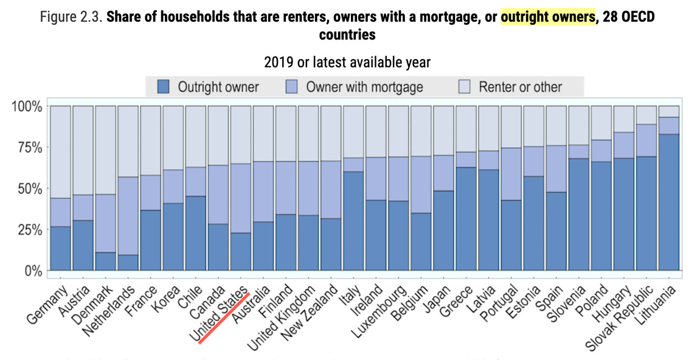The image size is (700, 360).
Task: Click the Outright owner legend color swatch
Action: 163,86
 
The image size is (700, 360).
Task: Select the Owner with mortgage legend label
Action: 364,86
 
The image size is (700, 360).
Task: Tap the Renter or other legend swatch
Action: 464,86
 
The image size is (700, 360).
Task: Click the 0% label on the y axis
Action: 32,270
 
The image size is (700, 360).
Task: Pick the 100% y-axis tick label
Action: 27,106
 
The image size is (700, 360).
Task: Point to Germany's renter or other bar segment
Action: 61,152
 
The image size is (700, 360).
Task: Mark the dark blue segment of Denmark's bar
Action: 106,261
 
